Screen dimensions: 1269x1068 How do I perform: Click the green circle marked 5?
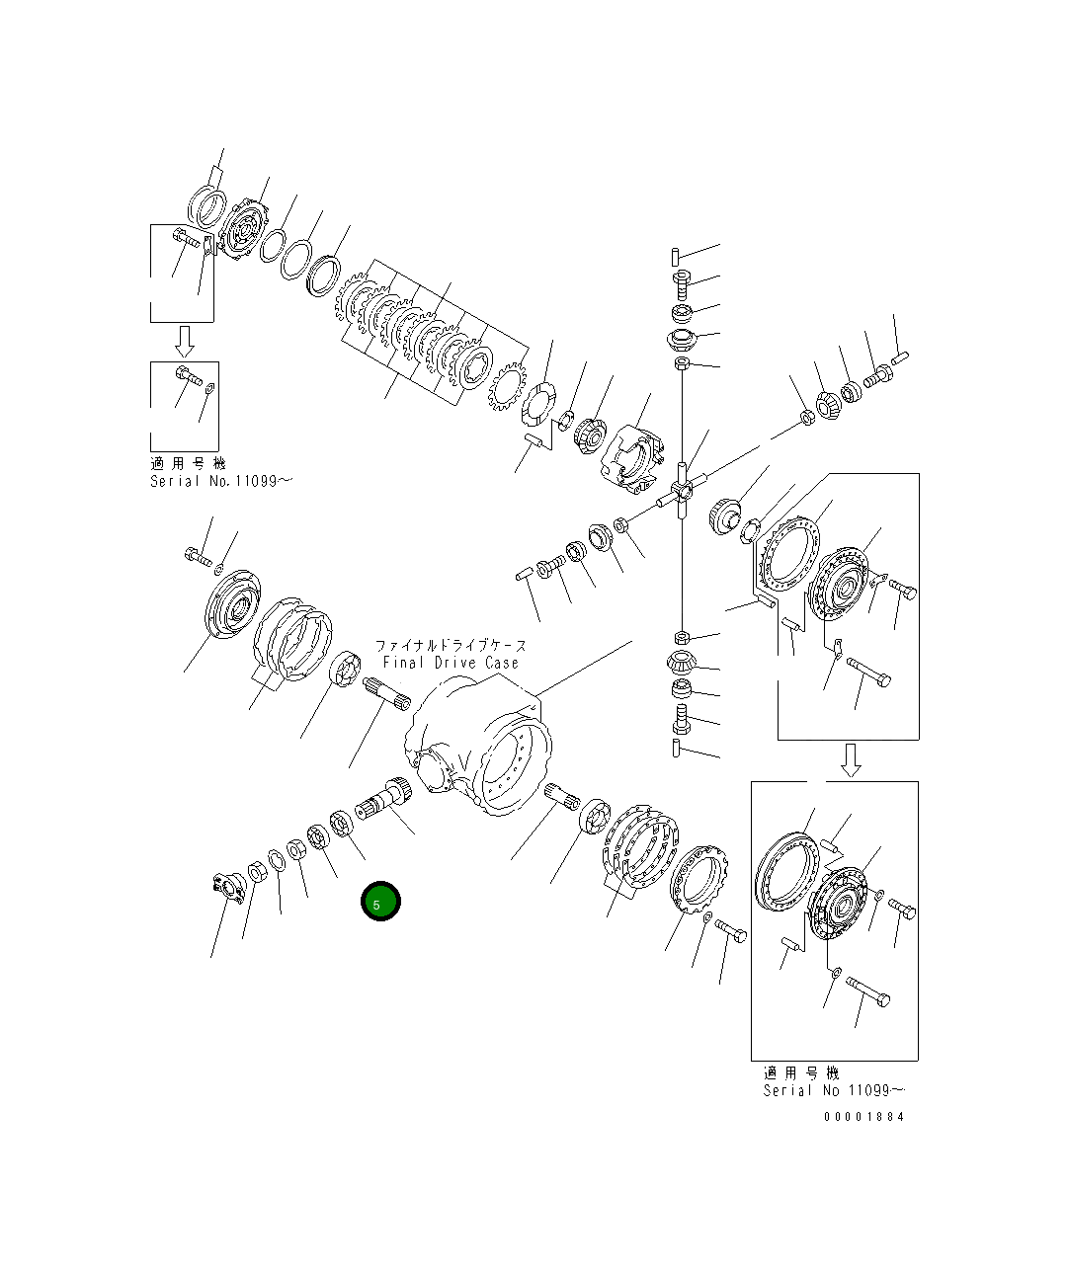(380, 901)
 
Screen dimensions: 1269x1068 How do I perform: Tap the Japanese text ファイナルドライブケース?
(451, 645)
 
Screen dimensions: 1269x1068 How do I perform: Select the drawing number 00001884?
(864, 1117)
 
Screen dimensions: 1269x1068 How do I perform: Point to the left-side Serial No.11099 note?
(221, 481)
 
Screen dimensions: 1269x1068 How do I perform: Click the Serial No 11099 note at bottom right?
(833, 1090)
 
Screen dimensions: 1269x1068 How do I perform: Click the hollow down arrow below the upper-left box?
(184, 341)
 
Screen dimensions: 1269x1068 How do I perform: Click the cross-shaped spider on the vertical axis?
(682, 489)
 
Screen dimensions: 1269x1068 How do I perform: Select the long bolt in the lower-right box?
(868, 990)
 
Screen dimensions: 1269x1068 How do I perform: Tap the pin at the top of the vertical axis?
(673, 259)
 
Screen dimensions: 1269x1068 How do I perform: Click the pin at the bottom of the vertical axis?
(675, 749)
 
